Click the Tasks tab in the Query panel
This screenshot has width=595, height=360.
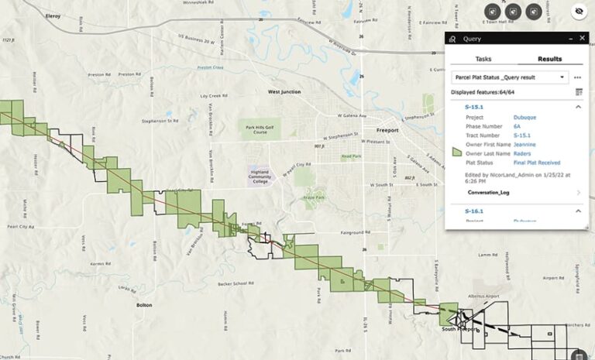tap(483, 59)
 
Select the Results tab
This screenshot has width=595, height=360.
tap(549, 59)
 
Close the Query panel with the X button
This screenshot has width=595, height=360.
tap(582, 39)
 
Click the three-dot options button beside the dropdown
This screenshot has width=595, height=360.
tap(578, 77)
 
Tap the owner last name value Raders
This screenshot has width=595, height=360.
tap(522, 153)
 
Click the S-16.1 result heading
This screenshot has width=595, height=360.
tap(474, 211)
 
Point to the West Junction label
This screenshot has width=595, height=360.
tap(284, 91)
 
